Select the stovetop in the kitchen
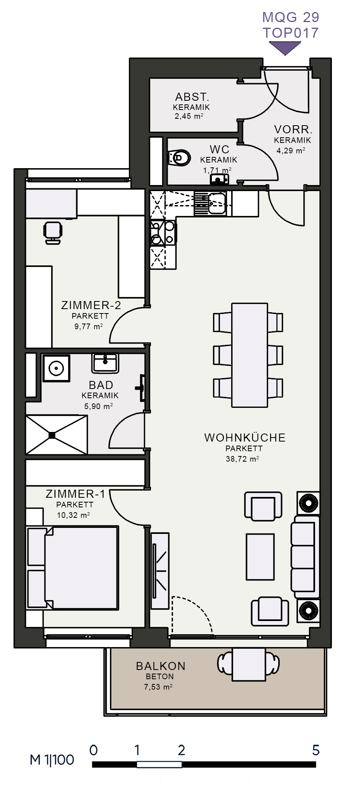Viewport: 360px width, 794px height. [x=163, y=233]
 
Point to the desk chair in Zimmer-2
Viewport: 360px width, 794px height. [x=53, y=232]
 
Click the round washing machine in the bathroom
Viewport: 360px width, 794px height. [x=56, y=368]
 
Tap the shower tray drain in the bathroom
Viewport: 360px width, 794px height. [x=52, y=435]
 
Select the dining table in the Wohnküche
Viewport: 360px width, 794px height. [x=249, y=355]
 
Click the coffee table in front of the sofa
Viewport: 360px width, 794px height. [x=260, y=556]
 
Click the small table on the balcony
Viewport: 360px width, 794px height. [x=249, y=665]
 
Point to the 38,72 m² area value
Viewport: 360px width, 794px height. [x=242, y=458]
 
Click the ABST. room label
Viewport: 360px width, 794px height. [x=192, y=97]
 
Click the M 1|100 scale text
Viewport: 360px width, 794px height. [x=52, y=759]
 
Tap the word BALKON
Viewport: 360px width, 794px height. [x=161, y=666]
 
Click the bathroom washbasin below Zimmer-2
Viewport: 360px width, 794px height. [x=106, y=363]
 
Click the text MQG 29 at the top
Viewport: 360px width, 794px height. [x=291, y=17]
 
